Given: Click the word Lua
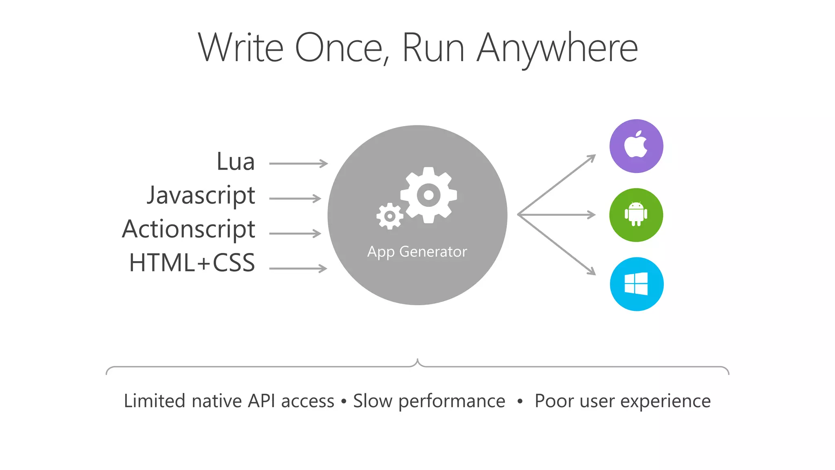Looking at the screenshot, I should tap(236, 162).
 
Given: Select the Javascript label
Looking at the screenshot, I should tap(201, 196).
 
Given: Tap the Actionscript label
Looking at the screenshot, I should tap(189, 229).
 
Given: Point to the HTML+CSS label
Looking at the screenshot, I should tap(192, 263).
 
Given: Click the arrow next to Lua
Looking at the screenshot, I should tap(298, 164).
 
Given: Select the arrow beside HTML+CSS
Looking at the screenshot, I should tap(298, 268).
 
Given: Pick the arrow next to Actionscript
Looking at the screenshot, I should tap(295, 233).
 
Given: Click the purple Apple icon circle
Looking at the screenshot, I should tap(636, 146).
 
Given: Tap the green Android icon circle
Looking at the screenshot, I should tap(636, 215).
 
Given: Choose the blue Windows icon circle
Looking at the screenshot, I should tap(636, 284).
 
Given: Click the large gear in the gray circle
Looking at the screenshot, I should tap(429, 195).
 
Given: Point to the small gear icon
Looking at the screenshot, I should tap(390, 216).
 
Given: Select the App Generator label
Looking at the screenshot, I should tap(417, 252).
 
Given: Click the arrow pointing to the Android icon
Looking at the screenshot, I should tap(557, 215).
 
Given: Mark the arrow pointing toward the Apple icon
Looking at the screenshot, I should tap(557, 184).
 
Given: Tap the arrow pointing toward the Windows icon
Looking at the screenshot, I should tap(557, 245).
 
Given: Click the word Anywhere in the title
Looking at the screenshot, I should tap(557, 48).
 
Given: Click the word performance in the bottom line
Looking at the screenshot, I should tap(452, 401).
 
